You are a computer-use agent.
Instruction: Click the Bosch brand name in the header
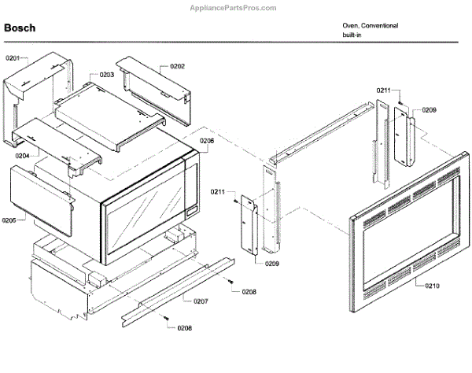tap(19, 28)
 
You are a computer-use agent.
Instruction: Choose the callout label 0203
tap(105, 75)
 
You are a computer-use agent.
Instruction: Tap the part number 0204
tap(22, 156)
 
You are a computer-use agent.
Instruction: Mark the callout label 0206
tap(206, 141)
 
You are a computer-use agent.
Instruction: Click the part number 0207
tap(201, 301)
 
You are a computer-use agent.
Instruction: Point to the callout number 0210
tap(432, 286)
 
